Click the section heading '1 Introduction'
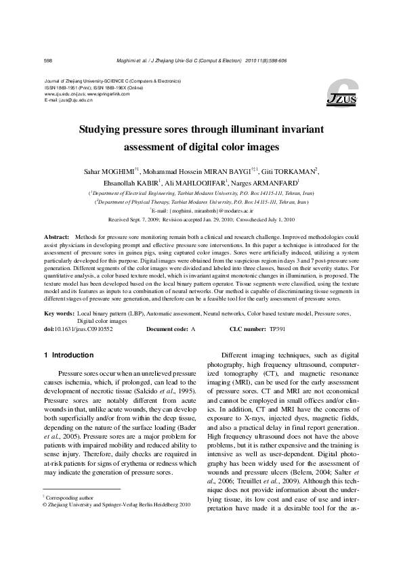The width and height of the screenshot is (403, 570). (68, 355)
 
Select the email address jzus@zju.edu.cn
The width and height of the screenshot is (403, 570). (75, 100)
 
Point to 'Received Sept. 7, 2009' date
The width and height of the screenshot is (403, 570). (135, 220)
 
